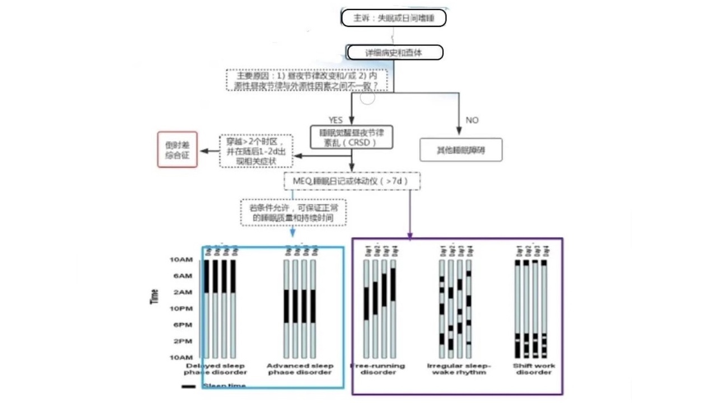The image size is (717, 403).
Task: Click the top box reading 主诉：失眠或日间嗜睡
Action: coord(394,18)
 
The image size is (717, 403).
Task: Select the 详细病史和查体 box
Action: coord(395,53)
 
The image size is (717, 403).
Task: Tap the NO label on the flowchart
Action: coord(472,120)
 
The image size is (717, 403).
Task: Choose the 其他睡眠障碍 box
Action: coord(460,150)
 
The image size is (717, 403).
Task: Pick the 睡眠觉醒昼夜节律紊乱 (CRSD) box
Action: coord(352,138)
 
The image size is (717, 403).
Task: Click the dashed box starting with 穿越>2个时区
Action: coord(257,151)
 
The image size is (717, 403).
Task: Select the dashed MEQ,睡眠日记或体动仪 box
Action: coord(352,181)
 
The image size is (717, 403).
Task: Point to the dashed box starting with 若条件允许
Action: coord(294,213)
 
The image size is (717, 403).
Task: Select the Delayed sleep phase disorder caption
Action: coord(215,369)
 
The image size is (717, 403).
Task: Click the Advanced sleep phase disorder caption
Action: coord(300,369)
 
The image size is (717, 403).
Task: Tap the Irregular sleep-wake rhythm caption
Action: coord(459,369)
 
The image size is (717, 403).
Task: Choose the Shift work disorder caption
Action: coord(534,369)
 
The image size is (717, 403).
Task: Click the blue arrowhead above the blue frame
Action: coord(292,234)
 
